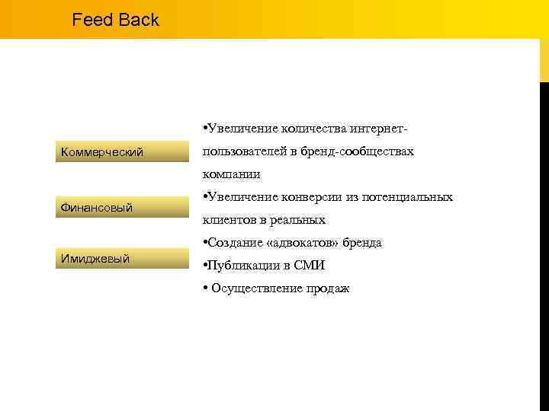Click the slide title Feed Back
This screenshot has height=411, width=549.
pos(115,20)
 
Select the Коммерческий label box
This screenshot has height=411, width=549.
pos(123,151)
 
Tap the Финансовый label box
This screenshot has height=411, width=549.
pos(123,206)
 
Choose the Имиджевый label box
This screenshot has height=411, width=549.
pos(123,258)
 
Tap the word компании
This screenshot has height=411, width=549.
pos(231,174)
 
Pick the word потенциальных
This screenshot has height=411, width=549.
pos(409,197)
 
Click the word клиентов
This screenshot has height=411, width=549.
pos(227,220)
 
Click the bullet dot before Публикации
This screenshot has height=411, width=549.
pos(205,266)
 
